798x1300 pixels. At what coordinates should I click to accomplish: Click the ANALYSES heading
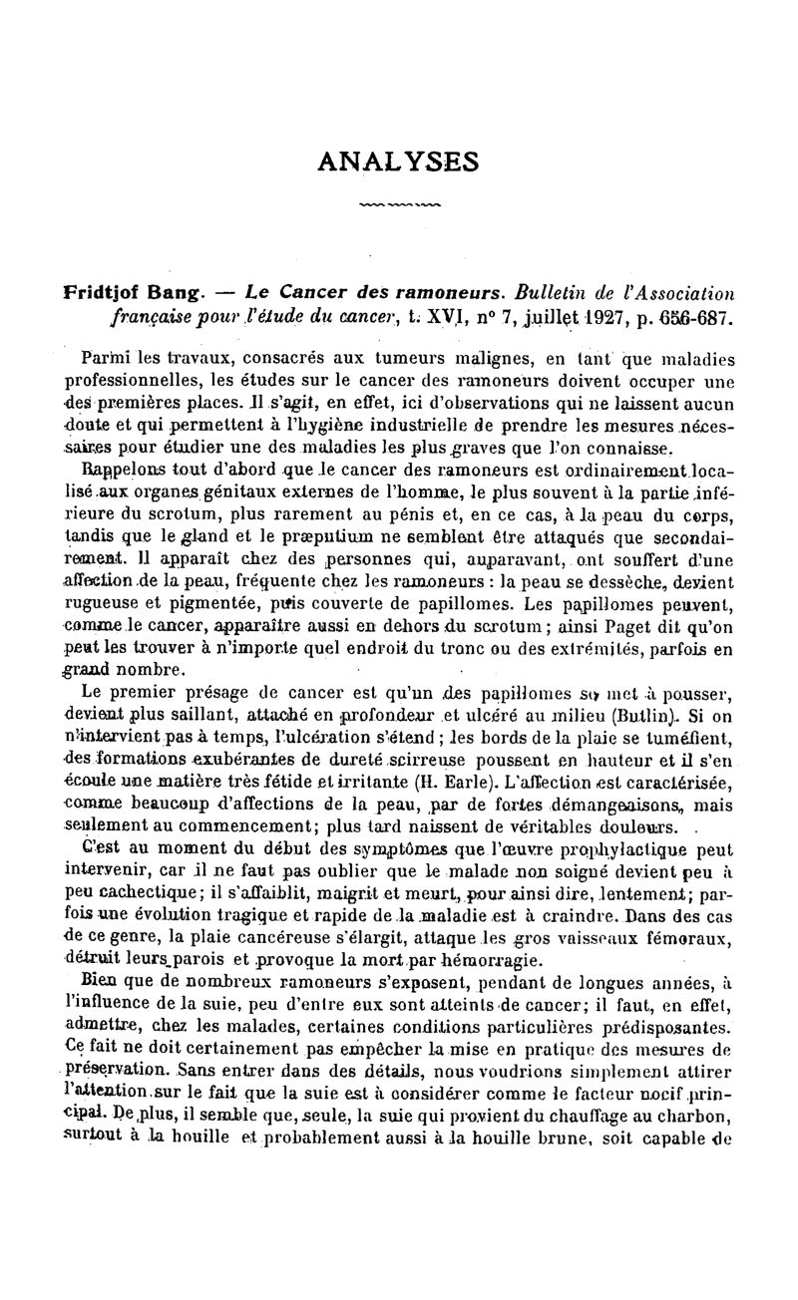tap(398, 161)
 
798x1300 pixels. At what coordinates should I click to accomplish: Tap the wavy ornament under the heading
tap(398, 204)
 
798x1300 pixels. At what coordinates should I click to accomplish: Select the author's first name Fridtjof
tap(101, 293)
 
